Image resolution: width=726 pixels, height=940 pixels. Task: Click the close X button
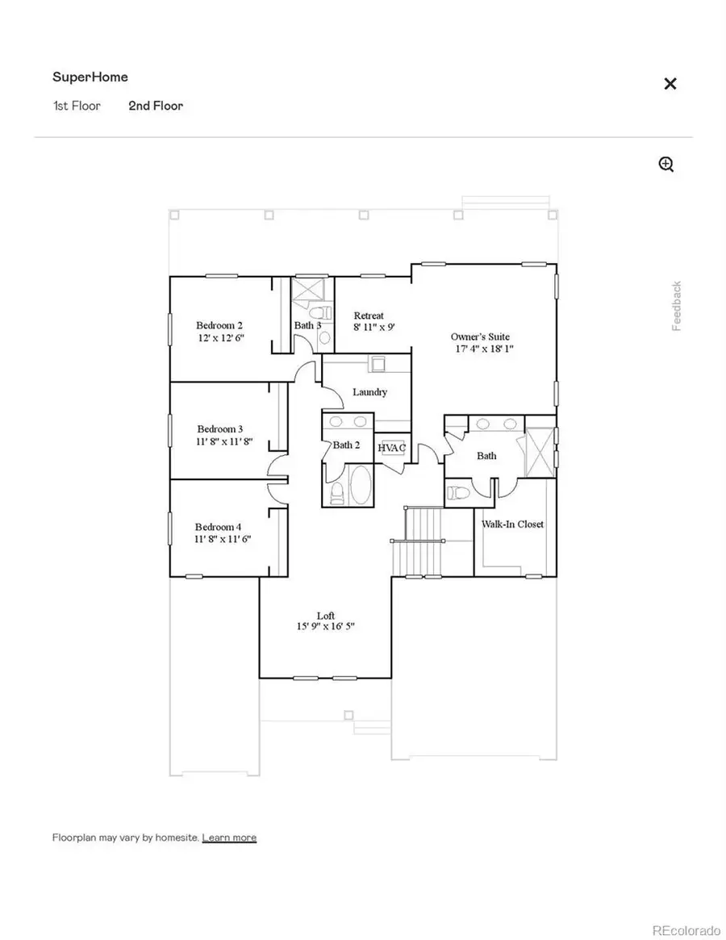point(670,84)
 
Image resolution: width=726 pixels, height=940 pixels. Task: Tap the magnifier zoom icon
point(666,165)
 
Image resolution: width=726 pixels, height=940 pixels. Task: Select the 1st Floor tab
point(77,106)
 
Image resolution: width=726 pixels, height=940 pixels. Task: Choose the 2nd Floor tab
point(156,106)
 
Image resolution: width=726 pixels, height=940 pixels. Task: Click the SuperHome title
point(90,77)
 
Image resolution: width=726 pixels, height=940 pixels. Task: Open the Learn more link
point(229,838)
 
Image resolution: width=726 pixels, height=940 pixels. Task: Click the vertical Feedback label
point(677,306)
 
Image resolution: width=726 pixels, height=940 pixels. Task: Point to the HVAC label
point(391,448)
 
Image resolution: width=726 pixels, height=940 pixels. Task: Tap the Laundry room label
point(369,392)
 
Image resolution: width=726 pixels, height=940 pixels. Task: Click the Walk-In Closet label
point(512,524)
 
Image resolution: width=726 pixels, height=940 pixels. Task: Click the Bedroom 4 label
point(219,527)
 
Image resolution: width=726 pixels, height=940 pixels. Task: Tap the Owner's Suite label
point(480,336)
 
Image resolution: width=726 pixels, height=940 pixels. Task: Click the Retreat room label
point(369,315)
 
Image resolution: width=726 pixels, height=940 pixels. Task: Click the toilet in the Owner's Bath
point(458,492)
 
